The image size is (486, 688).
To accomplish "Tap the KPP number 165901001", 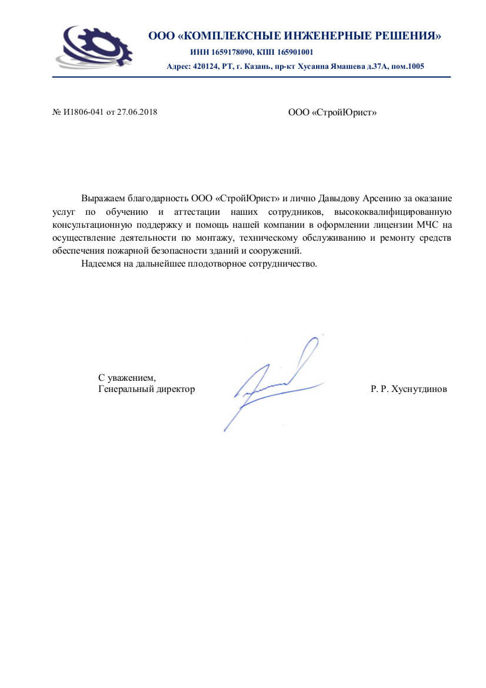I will [293, 52].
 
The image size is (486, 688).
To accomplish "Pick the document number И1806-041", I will [84, 112].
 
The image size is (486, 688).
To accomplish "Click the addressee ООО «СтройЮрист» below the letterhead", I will [332, 112].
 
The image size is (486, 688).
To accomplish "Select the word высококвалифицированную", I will [392, 212].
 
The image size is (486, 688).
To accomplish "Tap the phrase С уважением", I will [127, 377].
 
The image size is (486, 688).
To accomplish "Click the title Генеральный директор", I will [147, 389].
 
